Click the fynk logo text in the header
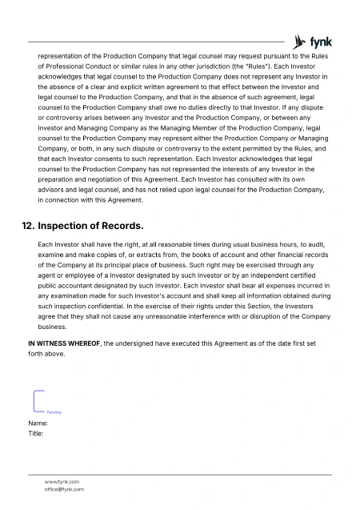coord(322,41)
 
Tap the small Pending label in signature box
coord(54,412)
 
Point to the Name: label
coord(38,423)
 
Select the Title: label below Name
coord(36,433)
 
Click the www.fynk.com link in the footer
coord(62,481)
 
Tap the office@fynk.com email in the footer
coord(64,488)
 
